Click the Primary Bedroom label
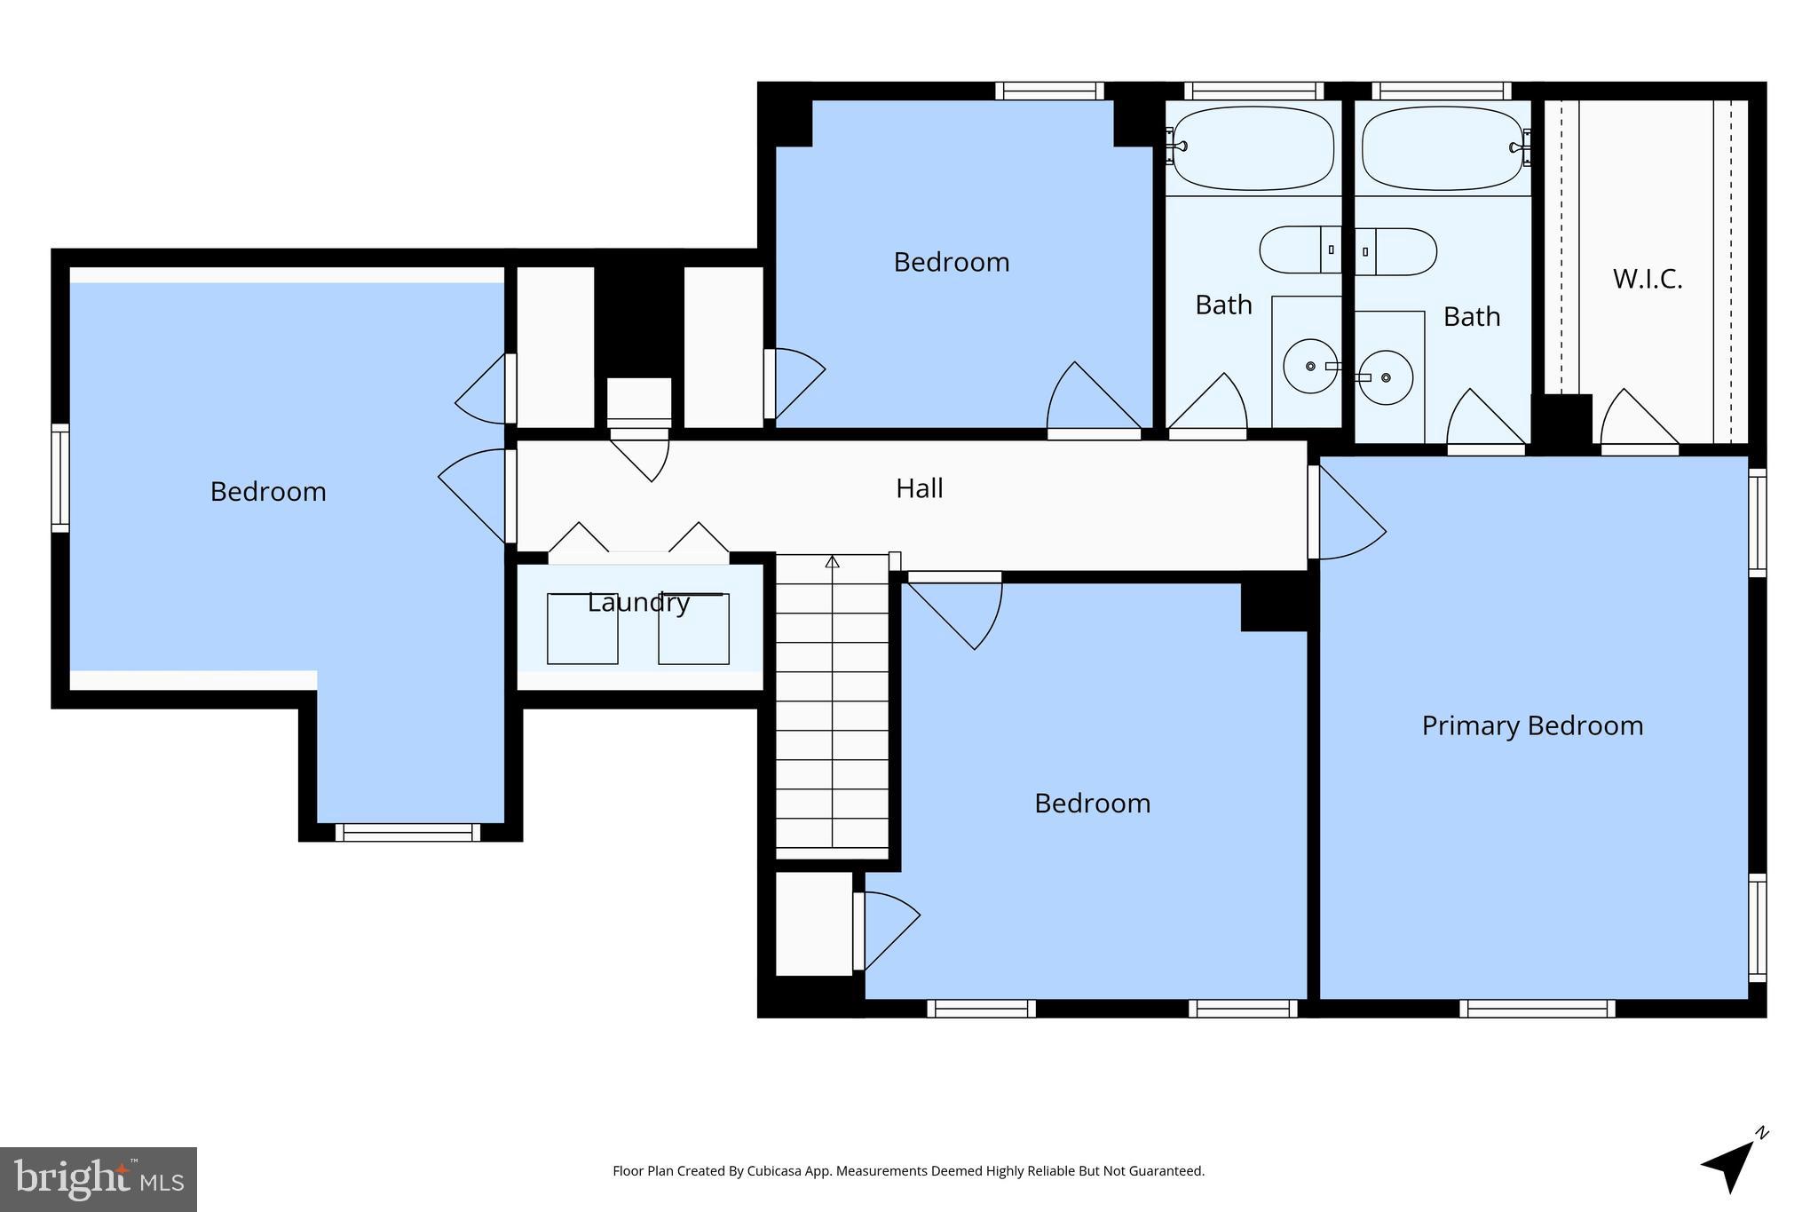pyautogui.click(x=1532, y=725)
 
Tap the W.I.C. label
pyautogui.click(x=1648, y=279)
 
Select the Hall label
pyautogui.click(x=919, y=488)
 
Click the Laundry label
pyautogui.click(x=638, y=603)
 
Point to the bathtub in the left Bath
pyautogui.click(x=1253, y=148)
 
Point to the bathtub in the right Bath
pyautogui.click(x=1443, y=148)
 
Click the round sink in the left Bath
pyautogui.click(x=1310, y=366)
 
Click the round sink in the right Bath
pyautogui.click(x=1386, y=377)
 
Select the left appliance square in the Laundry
pyautogui.click(x=582, y=629)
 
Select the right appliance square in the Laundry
pyautogui.click(x=693, y=629)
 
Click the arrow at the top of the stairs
pyautogui.click(x=832, y=562)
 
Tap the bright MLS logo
pyautogui.click(x=98, y=1179)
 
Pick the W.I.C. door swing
pyautogui.click(x=1638, y=419)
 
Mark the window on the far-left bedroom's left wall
pyautogui.click(x=59, y=478)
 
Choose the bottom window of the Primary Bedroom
pyautogui.click(x=1537, y=1009)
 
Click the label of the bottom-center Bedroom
pyautogui.click(x=1092, y=804)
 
